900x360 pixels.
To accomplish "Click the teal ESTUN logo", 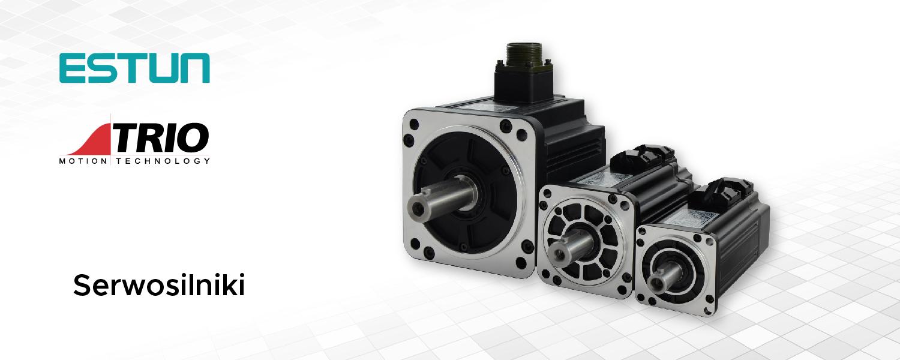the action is (134, 68).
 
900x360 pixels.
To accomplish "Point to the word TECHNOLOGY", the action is (163, 161).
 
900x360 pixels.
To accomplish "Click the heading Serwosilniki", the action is (159, 285).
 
